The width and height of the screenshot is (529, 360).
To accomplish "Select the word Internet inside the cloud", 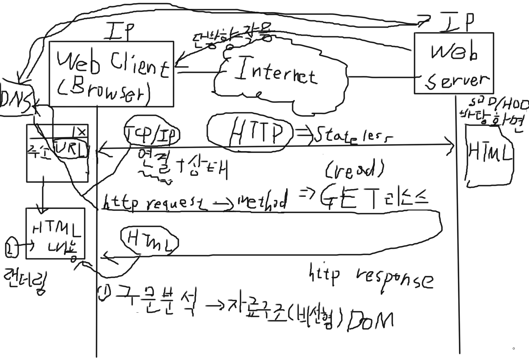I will [276, 73].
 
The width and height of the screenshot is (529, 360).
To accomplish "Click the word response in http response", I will [394, 278].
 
